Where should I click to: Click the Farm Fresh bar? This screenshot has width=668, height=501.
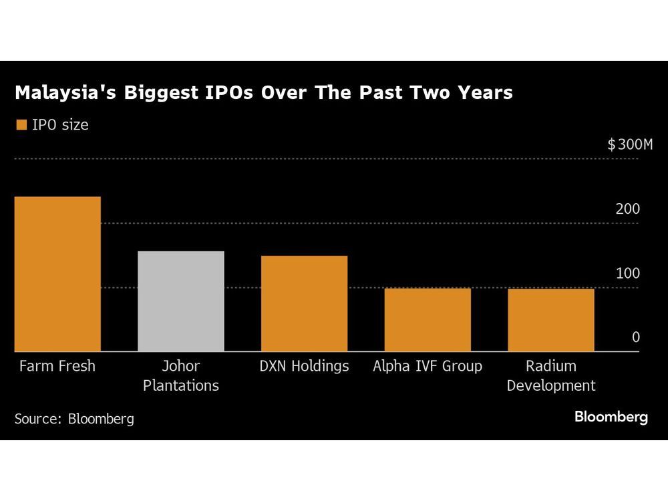click(57, 274)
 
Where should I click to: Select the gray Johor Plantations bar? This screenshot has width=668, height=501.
click(180, 301)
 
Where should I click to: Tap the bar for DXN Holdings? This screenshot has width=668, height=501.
click(304, 303)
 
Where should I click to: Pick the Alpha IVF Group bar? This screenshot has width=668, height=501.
click(428, 319)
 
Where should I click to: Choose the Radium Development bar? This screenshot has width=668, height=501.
click(550, 320)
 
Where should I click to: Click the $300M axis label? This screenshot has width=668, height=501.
click(629, 144)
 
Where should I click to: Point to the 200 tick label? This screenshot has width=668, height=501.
click(627, 209)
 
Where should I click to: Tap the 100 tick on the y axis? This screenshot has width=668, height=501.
click(627, 273)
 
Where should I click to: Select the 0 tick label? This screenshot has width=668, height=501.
click(635, 337)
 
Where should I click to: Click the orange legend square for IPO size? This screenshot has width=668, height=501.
click(21, 125)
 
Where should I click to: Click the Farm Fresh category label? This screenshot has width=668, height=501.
click(57, 366)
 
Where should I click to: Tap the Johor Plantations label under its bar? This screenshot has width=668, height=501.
click(180, 375)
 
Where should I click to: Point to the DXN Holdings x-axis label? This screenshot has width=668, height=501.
click(304, 366)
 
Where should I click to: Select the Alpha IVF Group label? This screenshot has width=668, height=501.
click(428, 366)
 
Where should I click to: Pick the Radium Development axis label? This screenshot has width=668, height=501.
click(550, 375)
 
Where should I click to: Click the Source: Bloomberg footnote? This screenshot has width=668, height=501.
click(74, 419)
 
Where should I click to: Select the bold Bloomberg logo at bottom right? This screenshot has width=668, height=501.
click(611, 417)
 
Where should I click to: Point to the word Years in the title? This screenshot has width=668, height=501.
click(487, 93)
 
